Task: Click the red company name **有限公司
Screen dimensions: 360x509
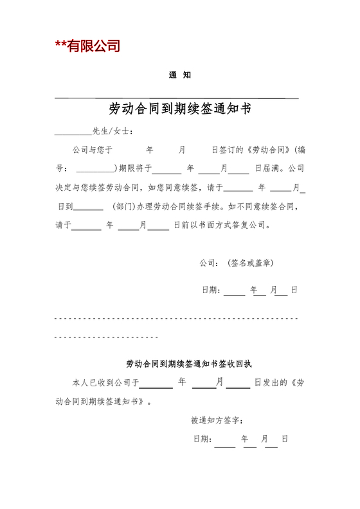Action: tap(87, 46)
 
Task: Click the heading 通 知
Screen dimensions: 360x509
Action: tap(179, 75)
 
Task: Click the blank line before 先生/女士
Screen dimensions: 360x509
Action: tap(73, 133)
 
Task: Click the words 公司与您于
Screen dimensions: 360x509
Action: tap(93, 150)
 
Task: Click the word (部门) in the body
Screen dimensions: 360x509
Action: tap(123, 207)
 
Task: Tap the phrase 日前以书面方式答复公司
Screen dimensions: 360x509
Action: tap(219, 226)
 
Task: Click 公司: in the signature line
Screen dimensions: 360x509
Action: tap(210, 263)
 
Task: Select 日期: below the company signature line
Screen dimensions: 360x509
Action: tap(212, 290)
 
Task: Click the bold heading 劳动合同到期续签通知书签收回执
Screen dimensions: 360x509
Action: tap(179, 363)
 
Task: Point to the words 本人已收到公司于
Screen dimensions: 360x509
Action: tap(105, 382)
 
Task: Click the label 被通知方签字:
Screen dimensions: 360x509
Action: tap(217, 421)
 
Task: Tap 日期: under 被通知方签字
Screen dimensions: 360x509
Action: tap(203, 439)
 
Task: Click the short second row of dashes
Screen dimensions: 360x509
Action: tap(107, 337)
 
